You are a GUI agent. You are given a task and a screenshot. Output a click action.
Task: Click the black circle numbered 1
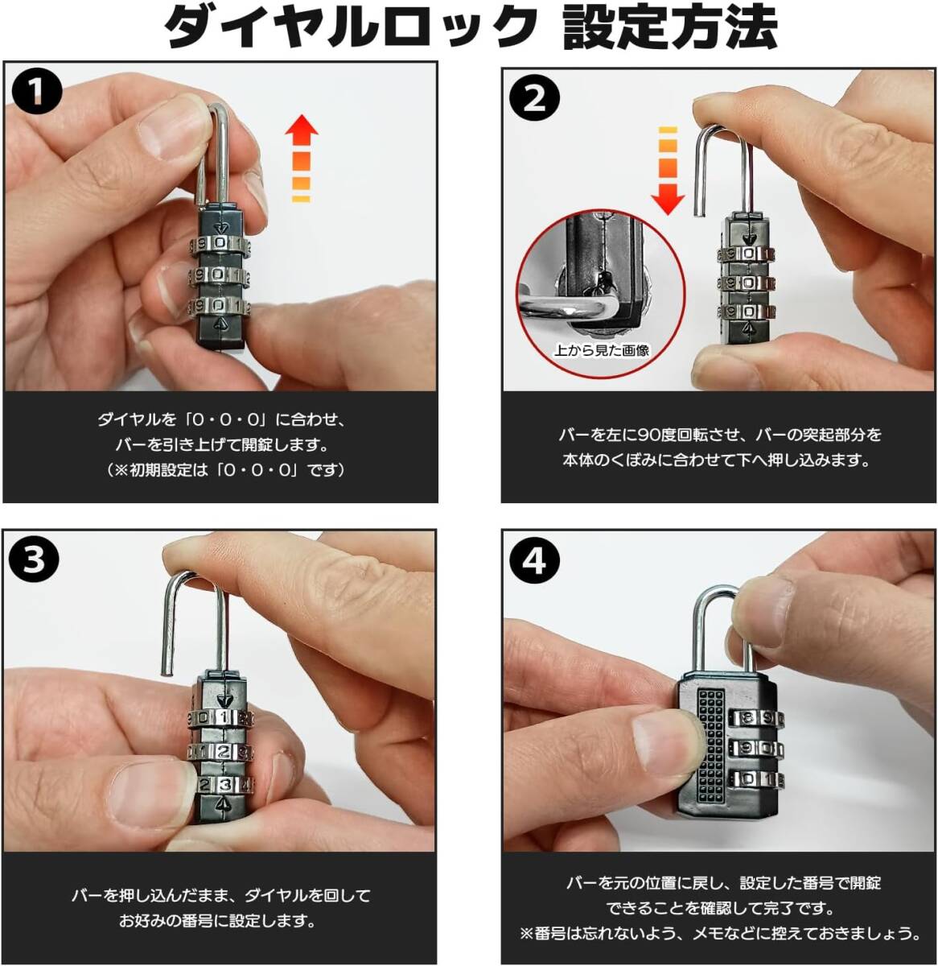[x=36, y=93]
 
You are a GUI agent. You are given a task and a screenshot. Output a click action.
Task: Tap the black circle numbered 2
[x=535, y=99]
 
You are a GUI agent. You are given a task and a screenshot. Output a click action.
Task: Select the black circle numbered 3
[x=34, y=561]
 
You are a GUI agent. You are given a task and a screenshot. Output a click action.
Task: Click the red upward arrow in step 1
[x=301, y=157]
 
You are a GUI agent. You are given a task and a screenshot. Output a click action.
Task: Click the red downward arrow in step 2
[x=668, y=171]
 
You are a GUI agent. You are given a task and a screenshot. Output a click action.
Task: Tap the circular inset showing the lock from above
[x=601, y=293]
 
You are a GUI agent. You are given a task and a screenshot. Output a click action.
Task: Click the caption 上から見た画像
[x=601, y=350]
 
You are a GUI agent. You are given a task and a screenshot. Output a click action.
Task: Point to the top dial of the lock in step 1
[x=220, y=244]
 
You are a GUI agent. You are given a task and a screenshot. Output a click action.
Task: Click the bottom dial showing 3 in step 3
[x=222, y=785]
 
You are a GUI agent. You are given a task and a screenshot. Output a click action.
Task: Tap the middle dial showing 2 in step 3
[x=220, y=751]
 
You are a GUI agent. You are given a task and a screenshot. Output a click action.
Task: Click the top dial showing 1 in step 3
[x=220, y=716]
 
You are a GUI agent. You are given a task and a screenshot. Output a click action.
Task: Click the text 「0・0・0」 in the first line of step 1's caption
[x=226, y=420]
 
